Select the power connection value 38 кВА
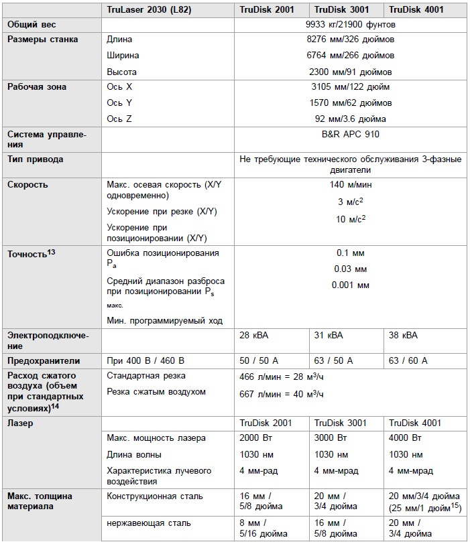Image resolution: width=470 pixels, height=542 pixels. point(403,335)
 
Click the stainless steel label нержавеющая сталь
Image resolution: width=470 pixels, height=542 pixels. point(149,523)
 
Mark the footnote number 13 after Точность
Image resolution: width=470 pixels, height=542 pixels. point(51,251)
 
